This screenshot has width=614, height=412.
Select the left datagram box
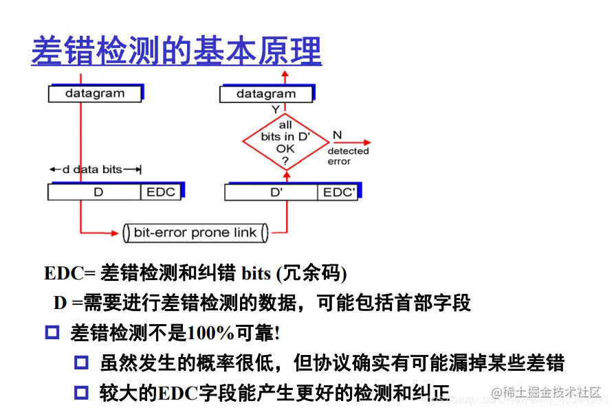click(x=95, y=93)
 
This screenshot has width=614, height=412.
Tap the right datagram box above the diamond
click(x=266, y=94)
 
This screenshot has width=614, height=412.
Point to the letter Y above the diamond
click(x=275, y=110)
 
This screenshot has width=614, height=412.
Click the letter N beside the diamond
click(x=337, y=135)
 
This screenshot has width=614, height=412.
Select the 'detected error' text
click(x=348, y=156)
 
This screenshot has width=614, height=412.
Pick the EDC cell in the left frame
click(x=161, y=192)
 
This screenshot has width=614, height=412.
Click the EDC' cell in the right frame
click(x=339, y=192)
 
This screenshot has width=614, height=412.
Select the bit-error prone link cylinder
click(x=195, y=233)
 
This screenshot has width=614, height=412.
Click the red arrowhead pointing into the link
click(x=118, y=232)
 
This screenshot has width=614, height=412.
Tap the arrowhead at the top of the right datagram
click(x=285, y=73)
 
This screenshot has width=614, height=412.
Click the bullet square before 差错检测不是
click(x=53, y=333)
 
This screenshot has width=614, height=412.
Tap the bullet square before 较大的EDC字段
click(x=82, y=392)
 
